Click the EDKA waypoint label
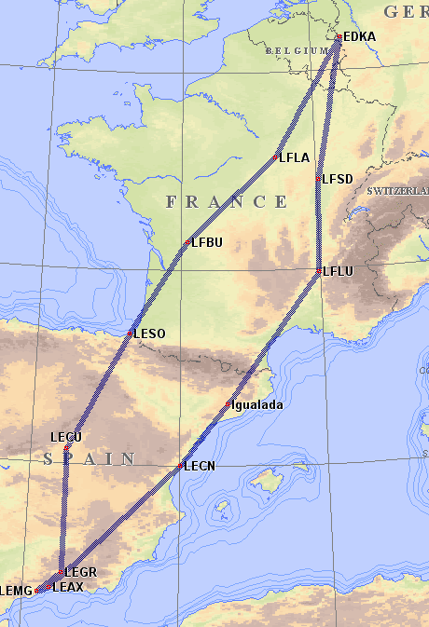click(359, 36)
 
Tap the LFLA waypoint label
click(294, 158)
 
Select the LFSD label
click(337, 178)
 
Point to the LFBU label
click(206, 243)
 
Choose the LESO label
click(149, 334)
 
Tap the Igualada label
click(256, 405)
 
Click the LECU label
click(66, 437)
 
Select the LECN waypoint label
click(200, 465)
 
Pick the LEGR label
click(81, 571)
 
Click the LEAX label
click(68, 587)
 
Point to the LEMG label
click(17, 591)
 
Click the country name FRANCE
click(227, 202)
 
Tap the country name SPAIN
click(90, 458)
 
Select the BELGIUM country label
click(296, 50)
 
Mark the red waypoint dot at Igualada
click(228, 404)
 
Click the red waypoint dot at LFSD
click(320, 178)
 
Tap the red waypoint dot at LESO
click(131, 333)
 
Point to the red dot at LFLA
click(277, 157)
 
